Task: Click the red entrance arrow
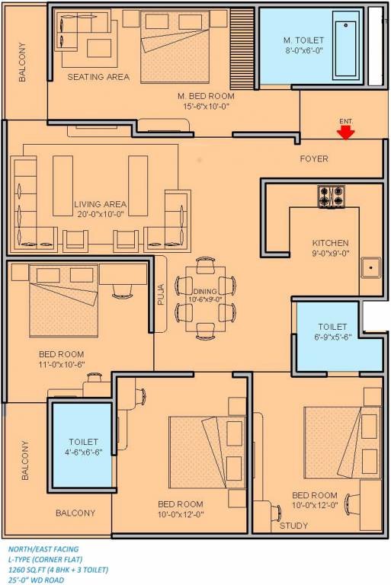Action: point(346,133)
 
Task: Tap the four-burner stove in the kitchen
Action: point(332,197)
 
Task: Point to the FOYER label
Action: point(313,158)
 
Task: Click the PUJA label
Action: point(161,294)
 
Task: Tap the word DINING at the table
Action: point(205,291)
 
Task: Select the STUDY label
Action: point(293,526)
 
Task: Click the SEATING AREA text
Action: point(98,77)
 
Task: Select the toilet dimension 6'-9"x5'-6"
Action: point(333,337)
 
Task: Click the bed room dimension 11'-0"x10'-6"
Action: point(61,365)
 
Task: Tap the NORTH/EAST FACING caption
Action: point(43,548)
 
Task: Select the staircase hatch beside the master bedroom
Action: point(242,46)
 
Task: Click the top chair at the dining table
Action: point(205,264)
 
